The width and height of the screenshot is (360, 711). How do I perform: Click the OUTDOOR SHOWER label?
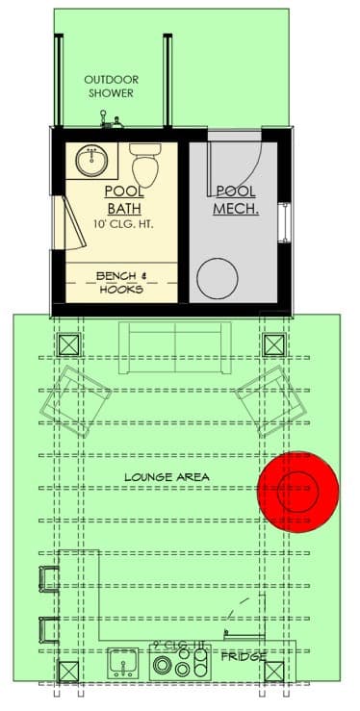[x=110, y=86]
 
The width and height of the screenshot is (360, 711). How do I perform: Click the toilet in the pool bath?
[x=145, y=165]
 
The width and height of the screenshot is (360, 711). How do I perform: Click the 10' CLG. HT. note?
[x=124, y=224]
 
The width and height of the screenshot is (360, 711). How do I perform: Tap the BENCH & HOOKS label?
[x=120, y=282]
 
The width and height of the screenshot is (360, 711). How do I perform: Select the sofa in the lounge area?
[x=174, y=343]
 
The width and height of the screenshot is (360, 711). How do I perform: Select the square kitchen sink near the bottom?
[x=121, y=662]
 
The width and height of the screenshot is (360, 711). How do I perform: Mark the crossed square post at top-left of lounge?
[x=69, y=345]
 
